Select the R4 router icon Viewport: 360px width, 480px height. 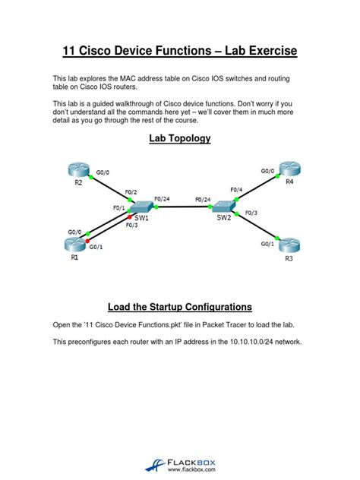point(289,169)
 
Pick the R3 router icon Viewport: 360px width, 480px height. point(289,245)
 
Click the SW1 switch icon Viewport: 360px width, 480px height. point(141,207)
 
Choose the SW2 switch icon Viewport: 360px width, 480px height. point(223,207)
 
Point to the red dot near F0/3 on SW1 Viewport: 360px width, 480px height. point(129,217)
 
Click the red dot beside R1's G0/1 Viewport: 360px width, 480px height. point(88,241)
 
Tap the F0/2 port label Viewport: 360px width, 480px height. point(131,192)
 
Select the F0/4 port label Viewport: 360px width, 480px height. point(236,190)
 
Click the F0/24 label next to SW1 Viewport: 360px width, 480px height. point(162,199)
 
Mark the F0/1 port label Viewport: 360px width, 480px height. point(118,208)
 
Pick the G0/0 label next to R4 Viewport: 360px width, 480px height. point(267,171)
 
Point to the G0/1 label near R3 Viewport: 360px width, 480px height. point(267,244)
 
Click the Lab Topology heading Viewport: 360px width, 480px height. point(180,138)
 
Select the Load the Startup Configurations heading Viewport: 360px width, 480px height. point(180,307)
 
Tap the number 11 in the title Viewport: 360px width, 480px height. point(69,51)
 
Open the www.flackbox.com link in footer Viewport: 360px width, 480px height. point(191,469)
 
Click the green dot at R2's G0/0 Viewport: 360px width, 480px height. point(91,177)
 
